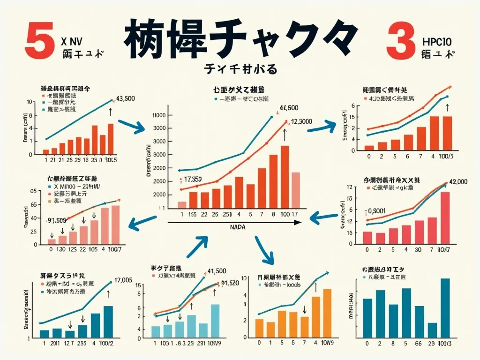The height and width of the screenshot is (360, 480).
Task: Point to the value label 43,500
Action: point(125,98)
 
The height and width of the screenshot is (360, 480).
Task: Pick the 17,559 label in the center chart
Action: point(193,179)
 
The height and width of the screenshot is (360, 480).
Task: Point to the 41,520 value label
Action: point(230,283)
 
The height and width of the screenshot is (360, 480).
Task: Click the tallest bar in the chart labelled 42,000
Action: point(445,218)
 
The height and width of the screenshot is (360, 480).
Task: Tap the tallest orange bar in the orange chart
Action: point(327,314)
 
